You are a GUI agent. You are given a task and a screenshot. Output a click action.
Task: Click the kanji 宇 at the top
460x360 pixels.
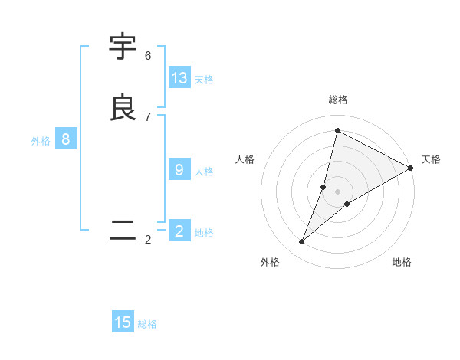[123, 47]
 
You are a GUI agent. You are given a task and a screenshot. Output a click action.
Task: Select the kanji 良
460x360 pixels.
[123, 108]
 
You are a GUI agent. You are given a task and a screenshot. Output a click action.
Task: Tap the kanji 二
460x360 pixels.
[123, 231]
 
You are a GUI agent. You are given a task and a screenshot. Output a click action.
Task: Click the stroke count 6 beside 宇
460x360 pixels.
[148, 56]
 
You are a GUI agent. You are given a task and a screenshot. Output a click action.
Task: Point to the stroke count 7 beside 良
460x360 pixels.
[148, 116]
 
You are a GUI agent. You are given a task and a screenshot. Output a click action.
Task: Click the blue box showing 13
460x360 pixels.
[179, 78]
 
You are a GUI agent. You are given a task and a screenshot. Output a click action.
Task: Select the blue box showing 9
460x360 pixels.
[179, 170]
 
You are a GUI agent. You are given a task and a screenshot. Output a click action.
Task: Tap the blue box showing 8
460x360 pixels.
[66, 139]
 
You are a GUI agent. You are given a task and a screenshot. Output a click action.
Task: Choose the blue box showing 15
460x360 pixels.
[123, 322]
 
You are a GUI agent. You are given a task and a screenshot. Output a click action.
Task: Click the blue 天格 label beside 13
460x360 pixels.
[204, 80]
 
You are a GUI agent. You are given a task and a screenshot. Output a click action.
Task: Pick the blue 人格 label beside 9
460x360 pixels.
[204, 172]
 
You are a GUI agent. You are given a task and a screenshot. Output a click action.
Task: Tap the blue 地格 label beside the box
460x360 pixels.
[204, 233]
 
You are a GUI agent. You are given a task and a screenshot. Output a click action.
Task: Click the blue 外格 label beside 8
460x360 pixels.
[41, 141]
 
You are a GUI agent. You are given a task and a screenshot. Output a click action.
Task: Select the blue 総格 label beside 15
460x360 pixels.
[147, 324]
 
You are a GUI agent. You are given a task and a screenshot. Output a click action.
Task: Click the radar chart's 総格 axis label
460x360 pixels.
[338, 100]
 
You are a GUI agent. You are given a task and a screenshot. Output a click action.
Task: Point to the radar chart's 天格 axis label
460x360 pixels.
[431, 159]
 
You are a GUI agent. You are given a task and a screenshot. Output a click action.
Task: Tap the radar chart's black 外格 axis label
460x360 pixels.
[270, 262]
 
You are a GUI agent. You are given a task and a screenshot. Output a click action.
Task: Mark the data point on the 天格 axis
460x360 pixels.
[410, 169]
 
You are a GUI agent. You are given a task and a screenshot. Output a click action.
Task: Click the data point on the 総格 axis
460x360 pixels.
[337, 130]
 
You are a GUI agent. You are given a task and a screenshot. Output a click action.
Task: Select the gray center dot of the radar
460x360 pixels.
[338, 191]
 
